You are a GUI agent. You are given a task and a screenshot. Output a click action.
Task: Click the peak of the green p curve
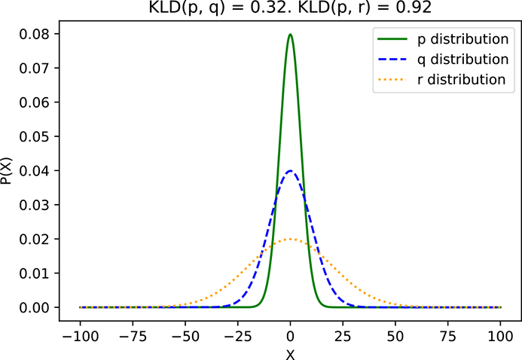pos(290,34)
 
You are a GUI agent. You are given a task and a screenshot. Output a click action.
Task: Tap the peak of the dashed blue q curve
pos(290,171)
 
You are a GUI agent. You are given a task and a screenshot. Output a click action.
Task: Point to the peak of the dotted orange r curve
pos(290,239)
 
